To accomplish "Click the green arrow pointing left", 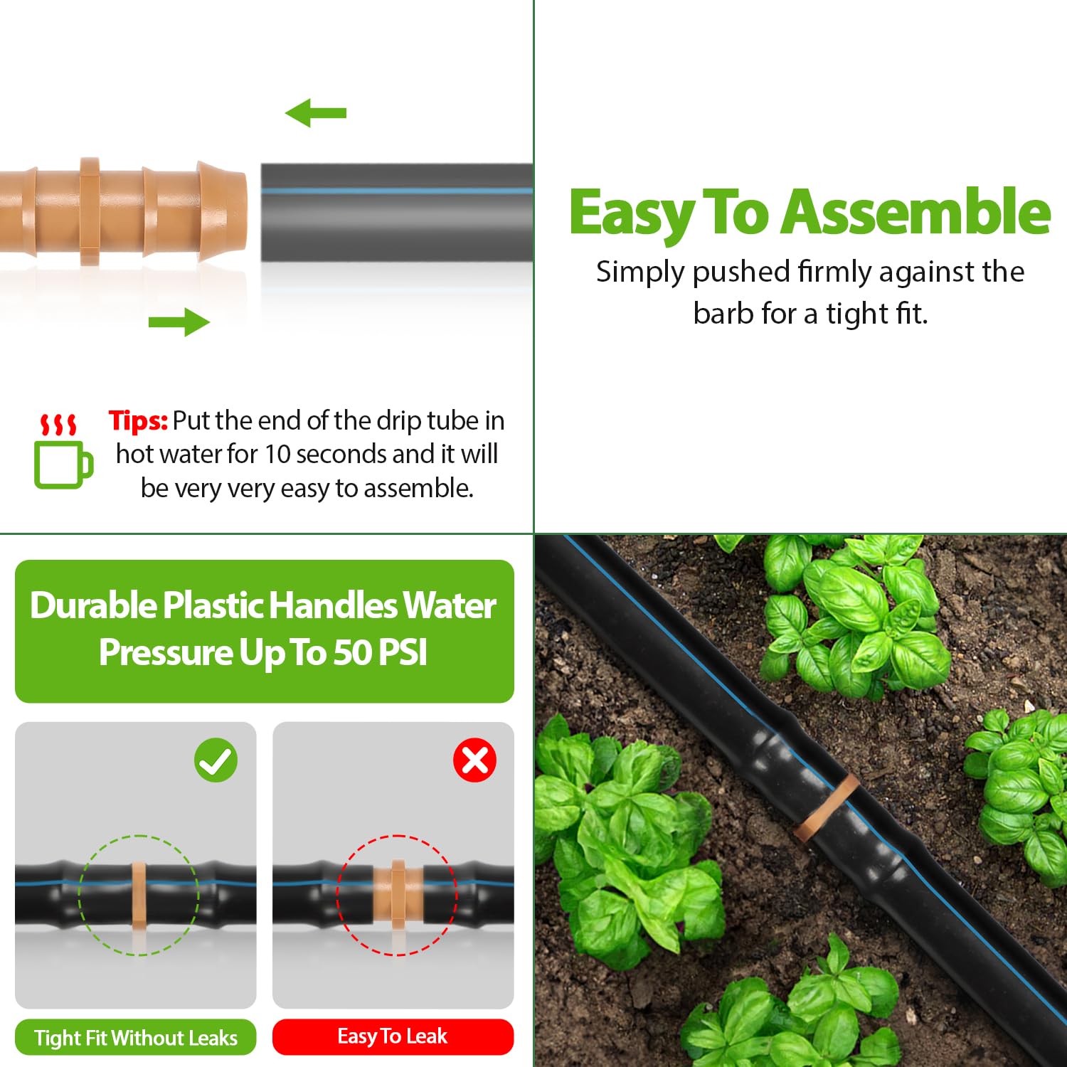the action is coord(315,113).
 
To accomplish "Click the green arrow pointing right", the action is coord(179,322).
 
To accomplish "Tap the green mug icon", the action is coord(63,465).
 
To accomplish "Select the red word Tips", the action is coord(138,421).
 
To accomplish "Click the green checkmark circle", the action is coord(216,760).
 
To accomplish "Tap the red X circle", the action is coord(474,760).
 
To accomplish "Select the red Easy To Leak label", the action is coord(393,1036).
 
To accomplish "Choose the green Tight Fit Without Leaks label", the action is coord(136,1038).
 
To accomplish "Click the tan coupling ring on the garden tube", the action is coord(826,807).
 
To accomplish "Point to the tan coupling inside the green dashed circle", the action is coord(139,896).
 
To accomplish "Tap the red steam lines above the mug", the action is coord(58,424).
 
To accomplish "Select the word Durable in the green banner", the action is coord(94,606).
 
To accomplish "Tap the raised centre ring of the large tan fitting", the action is coord(90,212).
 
